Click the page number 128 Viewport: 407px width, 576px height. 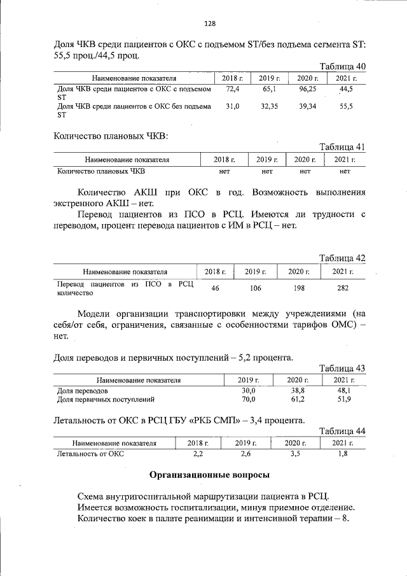[210, 24]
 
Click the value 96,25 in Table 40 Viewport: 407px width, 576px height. [306, 90]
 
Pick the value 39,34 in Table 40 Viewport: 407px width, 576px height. [306, 107]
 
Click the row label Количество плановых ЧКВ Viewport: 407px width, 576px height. [101, 171]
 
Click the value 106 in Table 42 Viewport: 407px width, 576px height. [255, 288]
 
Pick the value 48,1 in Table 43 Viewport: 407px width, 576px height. [344, 391]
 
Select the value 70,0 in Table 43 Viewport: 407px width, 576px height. [249, 400]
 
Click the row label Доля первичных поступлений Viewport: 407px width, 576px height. [106, 400]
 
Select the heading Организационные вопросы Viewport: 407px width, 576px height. [209, 475]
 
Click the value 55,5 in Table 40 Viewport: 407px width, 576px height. [346, 107]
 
